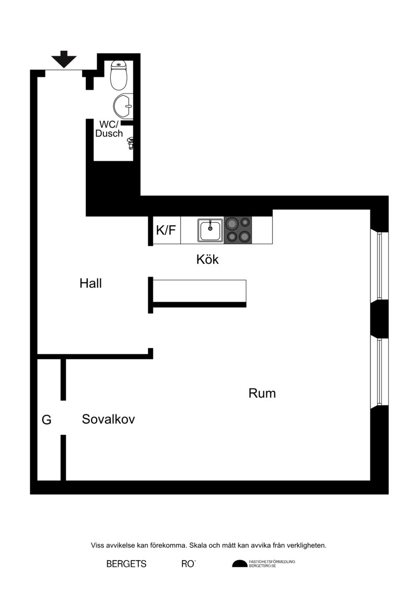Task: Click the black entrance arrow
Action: [64, 59]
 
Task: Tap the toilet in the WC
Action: [119, 75]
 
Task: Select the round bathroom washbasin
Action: [123, 106]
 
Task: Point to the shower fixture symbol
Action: [131, 143]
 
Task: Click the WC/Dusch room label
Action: [109, 129]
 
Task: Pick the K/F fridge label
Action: [166, 230]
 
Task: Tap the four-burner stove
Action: [238, 230]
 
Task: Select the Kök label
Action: [207, 259]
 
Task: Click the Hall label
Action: [90, 283]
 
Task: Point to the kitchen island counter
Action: [200, 293]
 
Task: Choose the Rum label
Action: [262, 393]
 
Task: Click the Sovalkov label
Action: [109, 419]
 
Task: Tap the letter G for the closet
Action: [47, 420]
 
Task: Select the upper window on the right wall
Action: [379, 266]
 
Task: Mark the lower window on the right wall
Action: [379, 373]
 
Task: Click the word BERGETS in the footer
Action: [126, 564]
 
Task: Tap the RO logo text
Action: [188, 564]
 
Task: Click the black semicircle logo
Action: [240, 564]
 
